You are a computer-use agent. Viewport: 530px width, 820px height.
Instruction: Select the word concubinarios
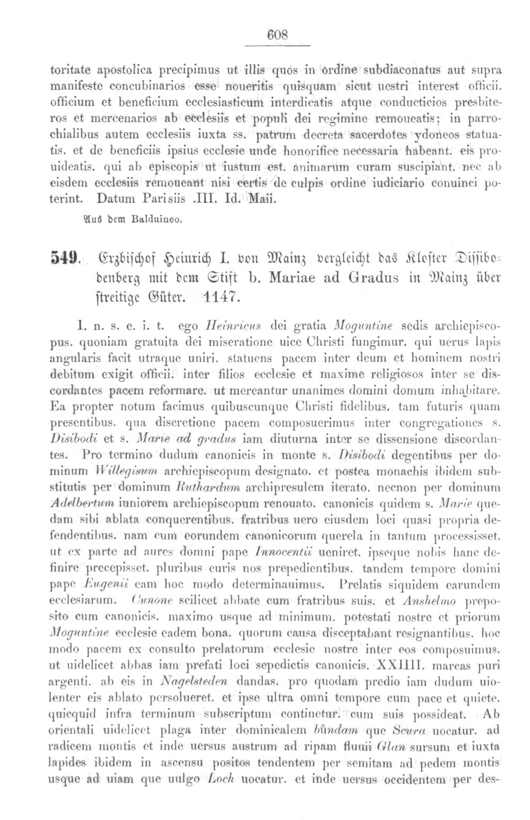coord(149,85)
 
